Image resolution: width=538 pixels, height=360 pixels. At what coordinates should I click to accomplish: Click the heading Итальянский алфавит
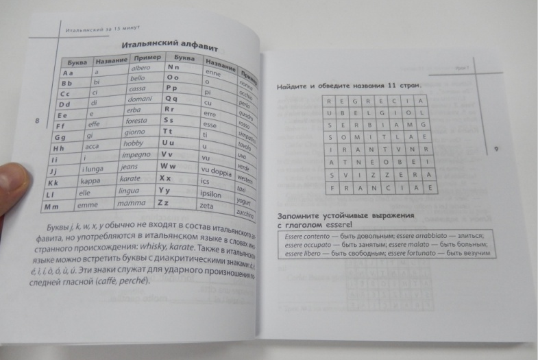pos(169,47)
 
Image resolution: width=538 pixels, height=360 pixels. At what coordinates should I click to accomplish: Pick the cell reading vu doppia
pos(215,170)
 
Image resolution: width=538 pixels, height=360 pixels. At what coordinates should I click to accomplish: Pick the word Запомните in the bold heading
pos(299,215)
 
